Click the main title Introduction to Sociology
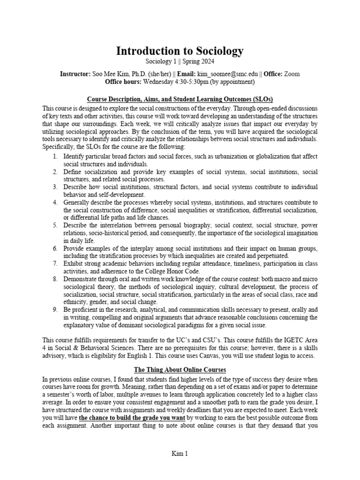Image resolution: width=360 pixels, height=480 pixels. click(x=180, y=52)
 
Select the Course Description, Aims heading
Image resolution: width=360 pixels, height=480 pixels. click(x=180, y=99)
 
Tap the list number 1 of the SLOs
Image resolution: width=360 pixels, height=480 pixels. click(x=56, y=156)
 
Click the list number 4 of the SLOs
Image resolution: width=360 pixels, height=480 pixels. click(x=56, y=202)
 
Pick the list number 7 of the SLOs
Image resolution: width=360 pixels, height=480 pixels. click(x=56, y=264)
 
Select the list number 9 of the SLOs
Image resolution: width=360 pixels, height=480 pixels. click(x=56, y=310)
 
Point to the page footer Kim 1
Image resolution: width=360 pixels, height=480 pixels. click(x=180, y=453)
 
